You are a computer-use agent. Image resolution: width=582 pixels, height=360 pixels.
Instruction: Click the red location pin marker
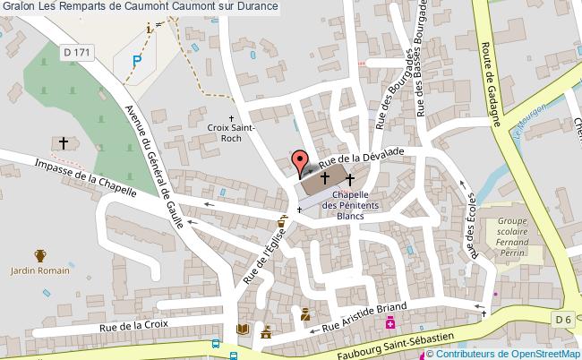299,162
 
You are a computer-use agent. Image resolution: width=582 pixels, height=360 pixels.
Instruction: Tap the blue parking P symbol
136,60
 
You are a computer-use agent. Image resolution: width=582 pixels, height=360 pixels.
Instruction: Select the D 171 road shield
76,54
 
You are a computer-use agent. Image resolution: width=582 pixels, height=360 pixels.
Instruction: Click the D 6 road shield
562,320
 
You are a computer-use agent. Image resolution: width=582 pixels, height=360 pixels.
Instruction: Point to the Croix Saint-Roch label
231,133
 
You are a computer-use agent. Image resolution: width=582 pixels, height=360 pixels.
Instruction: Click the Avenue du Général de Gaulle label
149,167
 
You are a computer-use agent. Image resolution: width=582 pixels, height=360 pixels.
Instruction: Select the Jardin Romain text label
39,270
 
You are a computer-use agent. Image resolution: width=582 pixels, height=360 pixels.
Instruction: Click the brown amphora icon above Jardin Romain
39,255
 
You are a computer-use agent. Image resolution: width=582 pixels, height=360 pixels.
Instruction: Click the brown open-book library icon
242,330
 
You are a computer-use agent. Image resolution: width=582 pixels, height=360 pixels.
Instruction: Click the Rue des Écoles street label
469,229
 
